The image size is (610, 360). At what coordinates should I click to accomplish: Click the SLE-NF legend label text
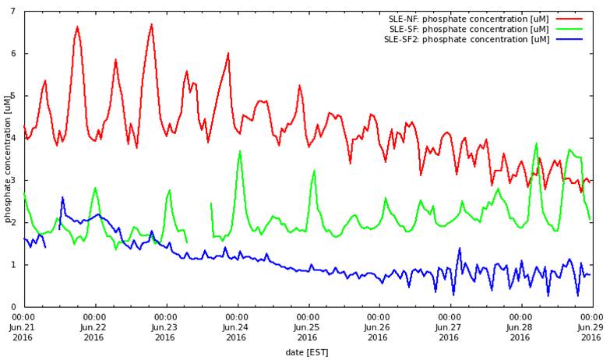(x=469, y=19)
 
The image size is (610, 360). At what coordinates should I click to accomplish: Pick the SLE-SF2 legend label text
(x=467, y=39)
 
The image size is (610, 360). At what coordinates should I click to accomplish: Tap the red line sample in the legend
(x=569, y=19)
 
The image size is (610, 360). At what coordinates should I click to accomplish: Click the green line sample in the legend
(x=569, y=29)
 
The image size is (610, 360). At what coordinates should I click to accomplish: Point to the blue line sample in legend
(x=569, y=39)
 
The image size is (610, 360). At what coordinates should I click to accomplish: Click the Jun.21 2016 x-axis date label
(x=23, y=327)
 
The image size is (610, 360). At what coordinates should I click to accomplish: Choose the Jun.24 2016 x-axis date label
(x=237, y=327)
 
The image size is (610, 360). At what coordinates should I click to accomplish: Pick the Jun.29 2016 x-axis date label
(x=591, y=327)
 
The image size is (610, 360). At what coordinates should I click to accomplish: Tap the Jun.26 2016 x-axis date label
(x=379, y=327)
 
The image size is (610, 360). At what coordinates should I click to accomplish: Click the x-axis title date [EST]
(x=307, y=352)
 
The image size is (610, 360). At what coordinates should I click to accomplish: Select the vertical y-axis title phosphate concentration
(x=8, y=159)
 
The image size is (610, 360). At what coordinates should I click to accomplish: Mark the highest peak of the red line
(x=151, y=24)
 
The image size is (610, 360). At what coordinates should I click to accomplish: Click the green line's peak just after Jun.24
(x=240, y=151)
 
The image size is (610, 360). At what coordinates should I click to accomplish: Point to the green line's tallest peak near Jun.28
(x=536, y=143)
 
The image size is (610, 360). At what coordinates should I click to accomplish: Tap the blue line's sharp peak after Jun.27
(x=460, y=249)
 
